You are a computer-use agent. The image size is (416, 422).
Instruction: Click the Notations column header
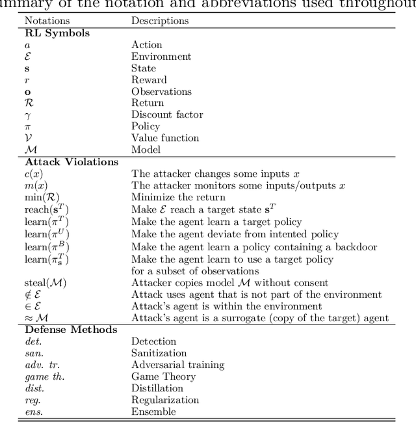(47, 21)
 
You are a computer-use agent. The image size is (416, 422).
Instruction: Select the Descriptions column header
(160, 21)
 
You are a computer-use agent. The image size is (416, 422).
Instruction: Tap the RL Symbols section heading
(57, 33)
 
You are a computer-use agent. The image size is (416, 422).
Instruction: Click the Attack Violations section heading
(71, 161)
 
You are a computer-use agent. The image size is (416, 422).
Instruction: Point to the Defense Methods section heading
(71, 329)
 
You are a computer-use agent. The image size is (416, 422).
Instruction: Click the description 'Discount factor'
(167, 114)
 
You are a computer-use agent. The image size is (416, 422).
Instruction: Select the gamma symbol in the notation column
(27, 115)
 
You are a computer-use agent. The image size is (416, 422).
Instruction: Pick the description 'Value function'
(165, 138)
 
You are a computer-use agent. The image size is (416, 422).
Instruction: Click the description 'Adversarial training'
(177, 365)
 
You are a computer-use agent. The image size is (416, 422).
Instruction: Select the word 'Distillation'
(157, 388)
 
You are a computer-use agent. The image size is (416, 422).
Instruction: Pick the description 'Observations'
(161, 91)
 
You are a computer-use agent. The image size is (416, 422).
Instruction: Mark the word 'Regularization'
(165, 400)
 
